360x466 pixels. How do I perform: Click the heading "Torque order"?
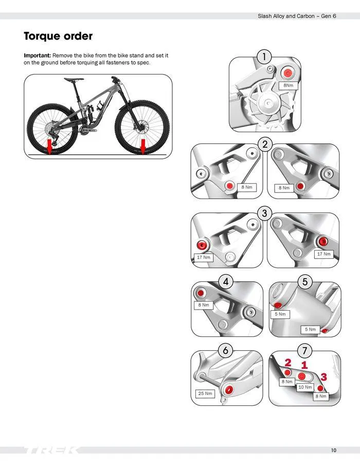(58, 37)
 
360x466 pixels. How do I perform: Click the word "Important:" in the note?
(38, 55)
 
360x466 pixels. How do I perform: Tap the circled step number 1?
(264, 57)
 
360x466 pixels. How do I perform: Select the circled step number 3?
(264, 213)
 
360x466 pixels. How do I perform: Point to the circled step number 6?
(225, 351)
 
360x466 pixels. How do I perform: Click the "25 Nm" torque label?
(205, 393)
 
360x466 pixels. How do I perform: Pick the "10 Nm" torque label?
(305, 387)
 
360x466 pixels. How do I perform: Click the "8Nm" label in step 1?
(289, 85)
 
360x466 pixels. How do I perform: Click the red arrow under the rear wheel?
(49, 147)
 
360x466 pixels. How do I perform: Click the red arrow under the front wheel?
(142, 146)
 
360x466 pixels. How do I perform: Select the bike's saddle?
(75, 79)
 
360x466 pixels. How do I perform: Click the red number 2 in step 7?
(288, 363)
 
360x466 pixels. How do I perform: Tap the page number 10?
(334, 451)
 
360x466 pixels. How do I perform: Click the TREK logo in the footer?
(51, 451)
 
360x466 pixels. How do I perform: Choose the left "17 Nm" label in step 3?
(203, 257)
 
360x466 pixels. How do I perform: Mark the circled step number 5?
(305, 281)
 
